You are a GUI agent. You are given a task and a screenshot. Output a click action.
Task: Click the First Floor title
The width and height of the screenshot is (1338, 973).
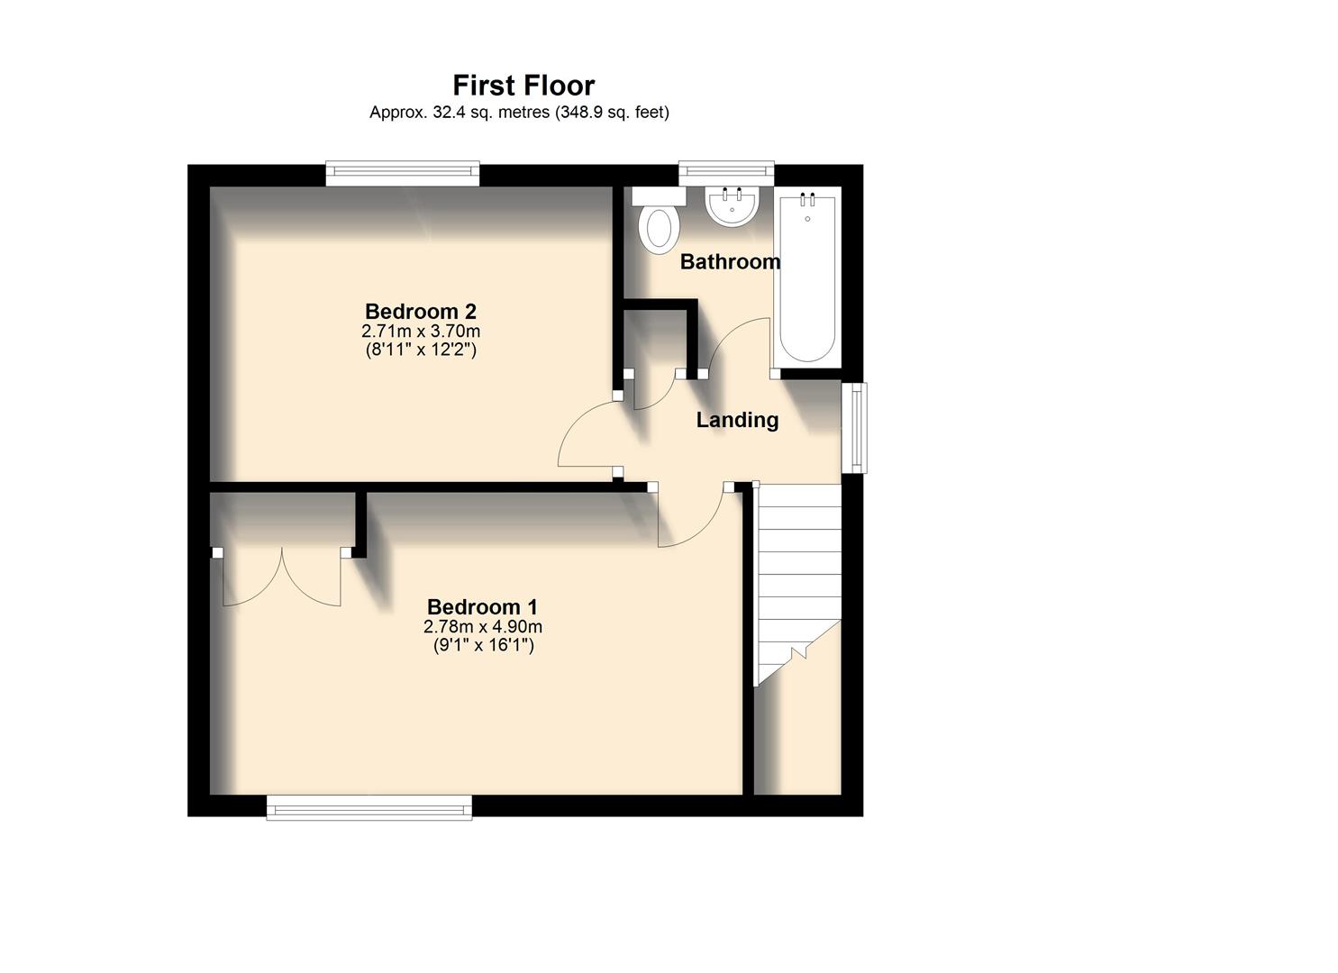523,86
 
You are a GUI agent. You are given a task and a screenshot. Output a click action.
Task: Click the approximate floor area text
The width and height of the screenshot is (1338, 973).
519,113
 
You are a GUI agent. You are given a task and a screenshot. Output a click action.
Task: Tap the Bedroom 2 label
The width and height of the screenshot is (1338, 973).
420,312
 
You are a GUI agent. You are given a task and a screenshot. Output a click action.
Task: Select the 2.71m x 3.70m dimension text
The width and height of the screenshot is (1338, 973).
420,332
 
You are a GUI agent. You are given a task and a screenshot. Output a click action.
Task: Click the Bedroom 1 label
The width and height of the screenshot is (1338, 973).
482,607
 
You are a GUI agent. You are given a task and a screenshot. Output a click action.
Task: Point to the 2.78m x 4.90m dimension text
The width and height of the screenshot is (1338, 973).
483,627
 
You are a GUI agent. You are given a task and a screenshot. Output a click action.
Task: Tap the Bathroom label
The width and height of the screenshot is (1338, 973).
730,262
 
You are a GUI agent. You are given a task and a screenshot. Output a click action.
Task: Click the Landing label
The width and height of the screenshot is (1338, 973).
737,420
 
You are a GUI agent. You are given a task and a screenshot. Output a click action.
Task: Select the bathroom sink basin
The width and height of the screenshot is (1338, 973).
733,206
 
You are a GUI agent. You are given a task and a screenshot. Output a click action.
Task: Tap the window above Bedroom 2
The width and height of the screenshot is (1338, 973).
402,173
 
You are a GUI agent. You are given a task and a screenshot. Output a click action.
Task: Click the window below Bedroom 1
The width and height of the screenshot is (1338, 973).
369,808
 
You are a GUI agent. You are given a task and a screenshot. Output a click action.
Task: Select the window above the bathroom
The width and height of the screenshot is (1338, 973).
726,172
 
